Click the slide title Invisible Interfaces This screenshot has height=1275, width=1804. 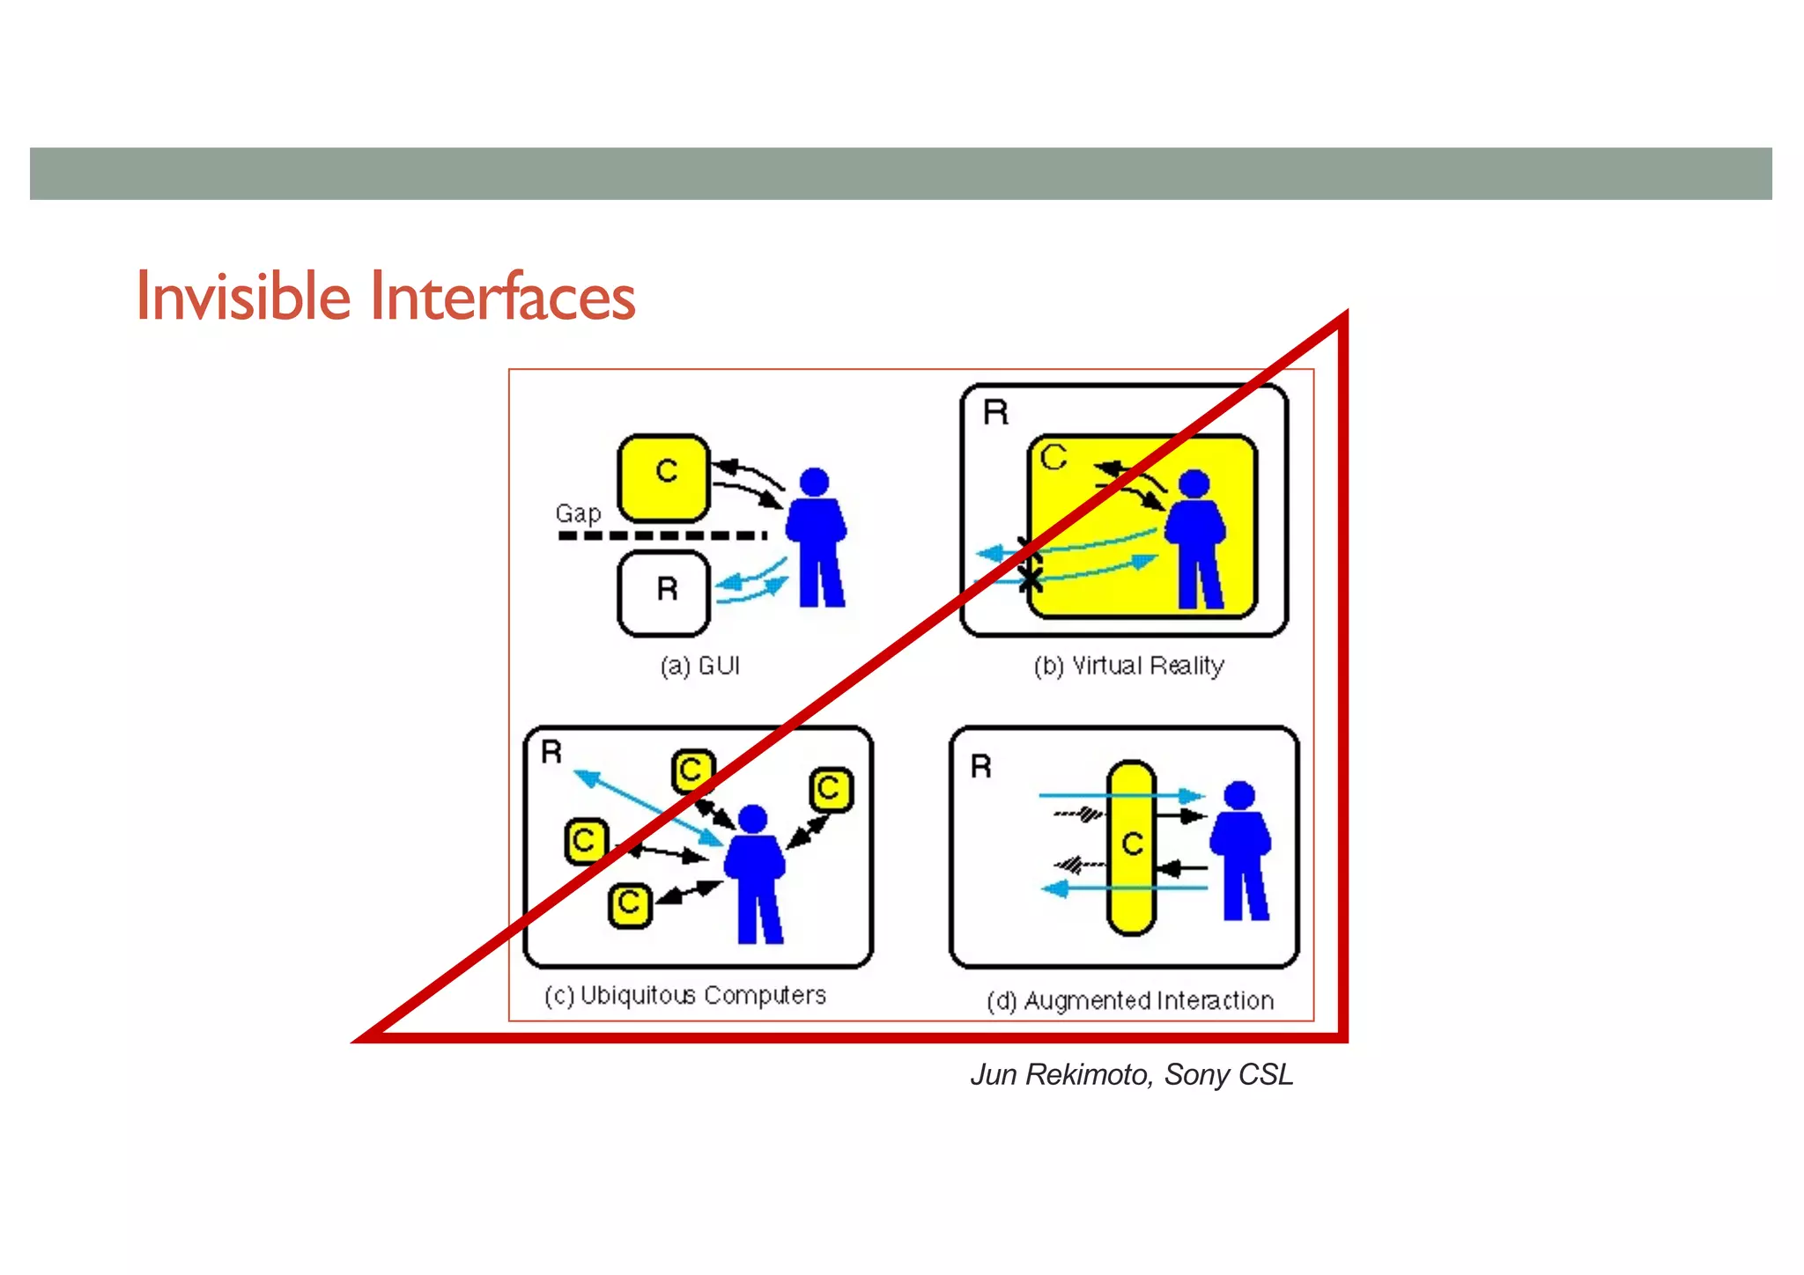point(385,297)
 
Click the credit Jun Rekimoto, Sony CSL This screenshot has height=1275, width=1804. point(1132,1075)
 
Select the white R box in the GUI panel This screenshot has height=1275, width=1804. point(664,593)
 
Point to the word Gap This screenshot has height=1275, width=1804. point(578,513)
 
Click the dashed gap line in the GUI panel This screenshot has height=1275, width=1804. point(661,535)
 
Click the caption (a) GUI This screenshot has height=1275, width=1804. point(700,666)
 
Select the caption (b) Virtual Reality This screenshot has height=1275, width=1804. point(1128,666)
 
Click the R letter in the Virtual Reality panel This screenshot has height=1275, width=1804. point(995,413)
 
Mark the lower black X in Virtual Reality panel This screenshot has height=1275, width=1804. point(1030,579)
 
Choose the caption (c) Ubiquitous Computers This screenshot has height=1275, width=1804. point(685,996)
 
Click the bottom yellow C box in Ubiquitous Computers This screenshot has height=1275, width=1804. point(630,905)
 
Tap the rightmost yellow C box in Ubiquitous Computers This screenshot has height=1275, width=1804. point(831,789)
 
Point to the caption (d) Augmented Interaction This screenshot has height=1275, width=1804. point(1130,1001)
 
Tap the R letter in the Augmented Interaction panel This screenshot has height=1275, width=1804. point(980,767)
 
